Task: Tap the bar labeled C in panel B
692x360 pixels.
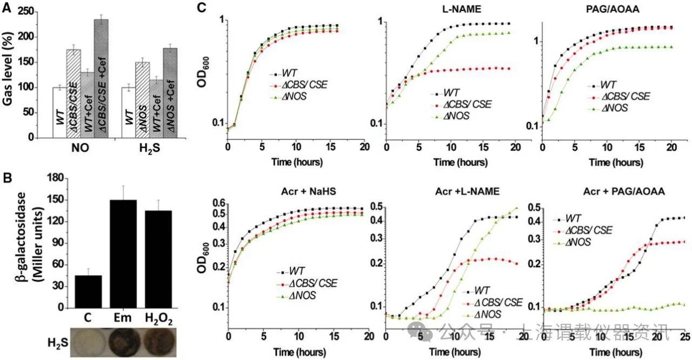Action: point(88,292)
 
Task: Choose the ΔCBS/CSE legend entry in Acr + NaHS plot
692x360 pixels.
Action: point(306,284)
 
